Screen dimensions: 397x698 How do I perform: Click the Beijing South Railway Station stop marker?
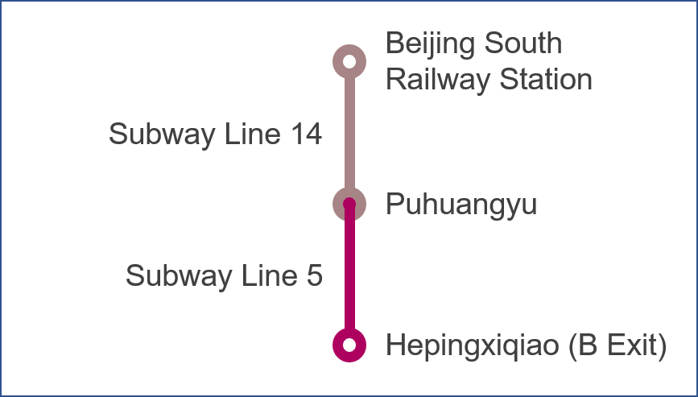(349, 61)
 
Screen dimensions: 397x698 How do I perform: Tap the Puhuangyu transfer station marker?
(349, 204)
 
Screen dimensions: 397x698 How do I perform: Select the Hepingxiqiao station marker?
(349, 345)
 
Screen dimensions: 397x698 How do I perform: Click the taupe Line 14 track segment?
(349, 133)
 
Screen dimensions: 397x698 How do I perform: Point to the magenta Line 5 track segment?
(349, 274)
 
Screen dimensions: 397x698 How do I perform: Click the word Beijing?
(432, 43)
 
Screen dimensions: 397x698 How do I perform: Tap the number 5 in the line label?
(314, 276)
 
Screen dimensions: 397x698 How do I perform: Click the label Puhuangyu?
(461, 205)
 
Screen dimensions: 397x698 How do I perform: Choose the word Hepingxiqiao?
(473, 346)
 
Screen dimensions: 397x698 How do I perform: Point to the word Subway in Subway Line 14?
(159, 134)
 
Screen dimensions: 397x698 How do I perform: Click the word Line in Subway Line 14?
(247, 134)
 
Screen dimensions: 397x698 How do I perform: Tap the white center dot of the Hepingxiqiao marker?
(349, 345)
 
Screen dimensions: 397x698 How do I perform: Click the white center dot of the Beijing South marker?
(349, 61)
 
